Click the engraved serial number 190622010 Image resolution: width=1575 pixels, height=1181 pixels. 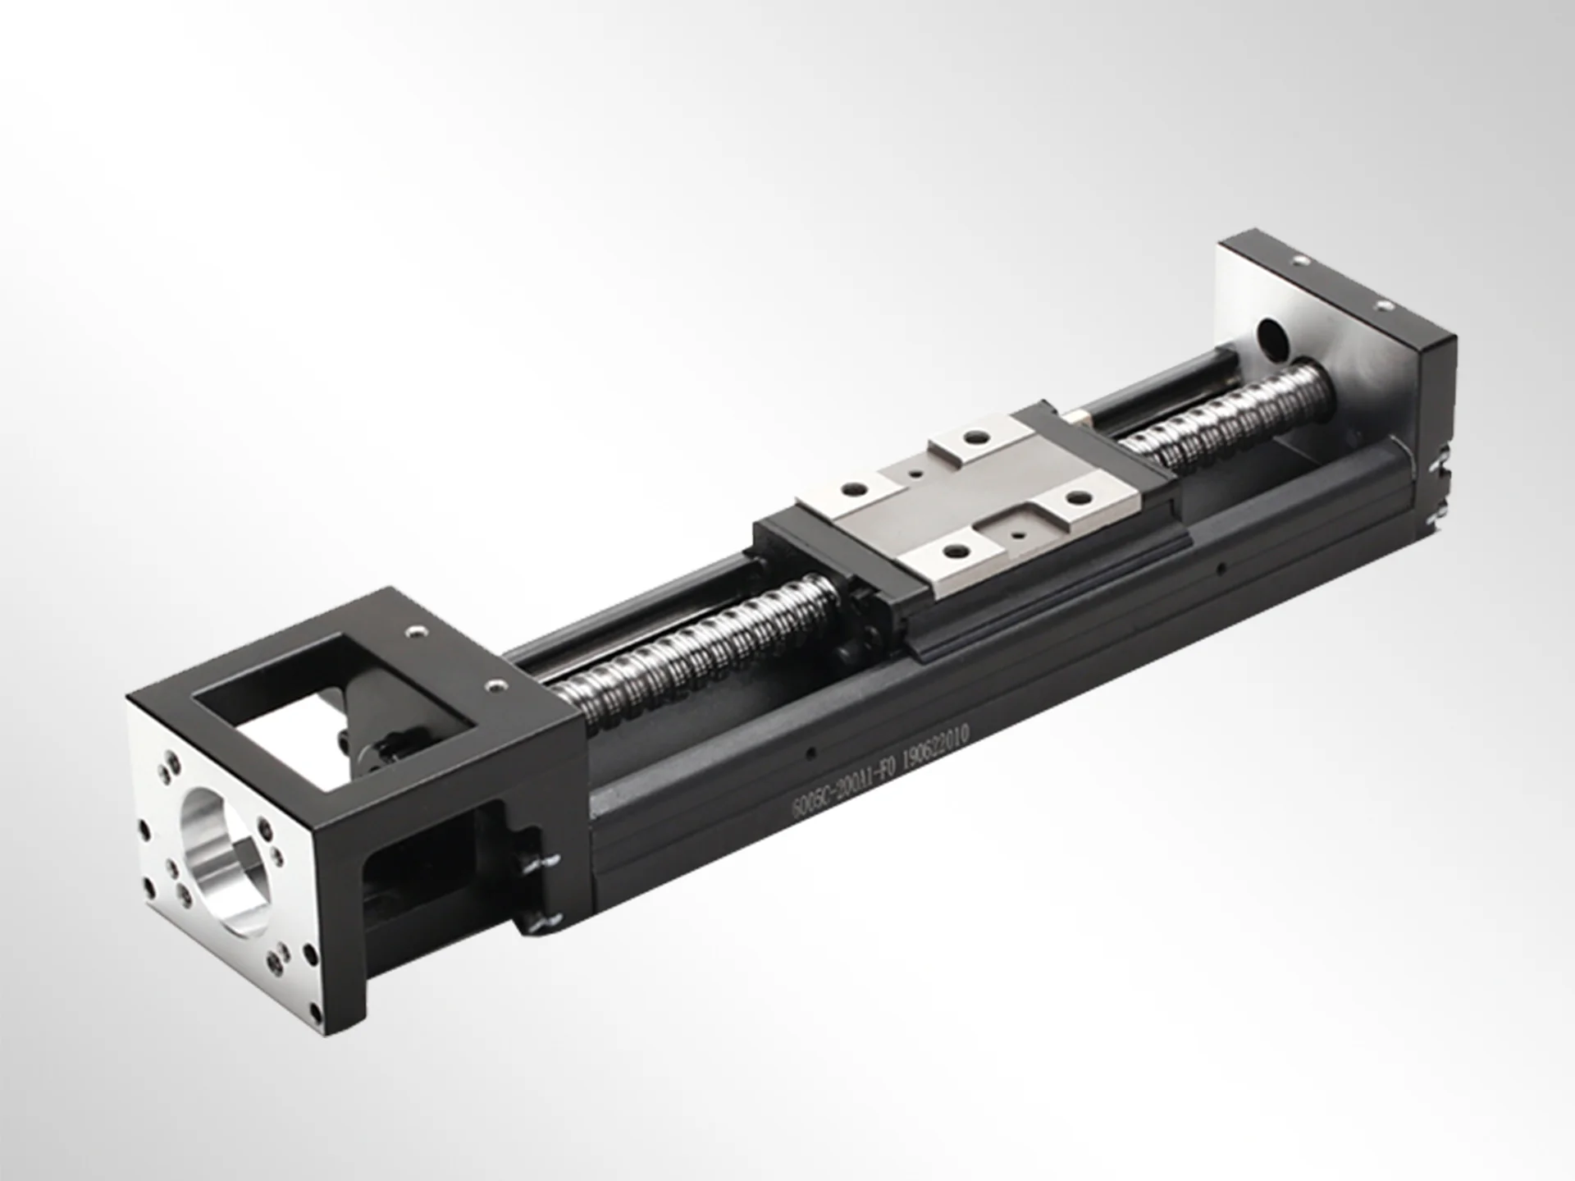click(936, 745)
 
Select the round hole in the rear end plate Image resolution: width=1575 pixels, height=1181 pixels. click(1272, 335)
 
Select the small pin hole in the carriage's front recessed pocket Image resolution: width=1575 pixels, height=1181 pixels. click(1017, 533)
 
